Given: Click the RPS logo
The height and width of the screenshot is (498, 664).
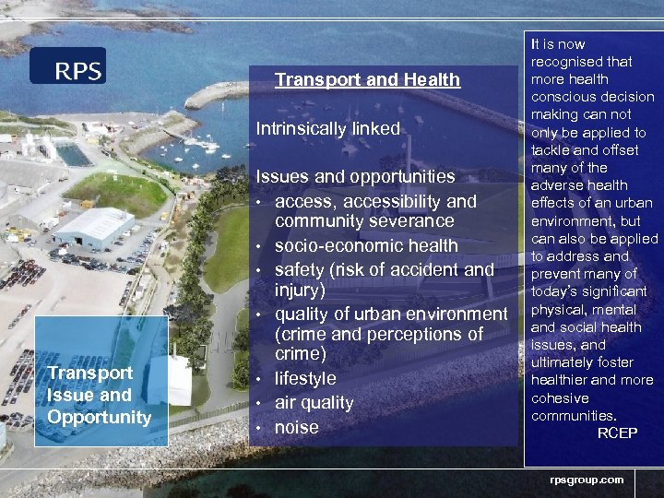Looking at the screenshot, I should (67, 66).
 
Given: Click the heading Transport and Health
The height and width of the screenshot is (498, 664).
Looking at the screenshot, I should (367, 79).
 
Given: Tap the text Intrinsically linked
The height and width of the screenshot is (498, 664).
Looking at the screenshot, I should (327, 129).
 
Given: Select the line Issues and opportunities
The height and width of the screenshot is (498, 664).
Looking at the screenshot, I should (355, 176).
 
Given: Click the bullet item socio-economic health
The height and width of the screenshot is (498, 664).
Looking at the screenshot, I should (366, 245).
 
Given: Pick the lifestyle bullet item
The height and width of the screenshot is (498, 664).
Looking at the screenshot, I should (305, 378).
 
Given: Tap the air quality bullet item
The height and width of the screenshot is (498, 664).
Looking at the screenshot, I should (314, 402).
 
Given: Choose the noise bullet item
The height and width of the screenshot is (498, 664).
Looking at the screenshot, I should (296, 427).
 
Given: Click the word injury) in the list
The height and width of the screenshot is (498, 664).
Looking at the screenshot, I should (300, 290).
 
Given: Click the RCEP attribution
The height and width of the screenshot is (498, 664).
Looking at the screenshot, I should (617, 433).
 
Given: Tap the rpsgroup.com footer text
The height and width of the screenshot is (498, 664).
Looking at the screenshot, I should (587, 479).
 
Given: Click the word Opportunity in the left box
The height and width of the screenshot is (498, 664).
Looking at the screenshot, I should (99, 417).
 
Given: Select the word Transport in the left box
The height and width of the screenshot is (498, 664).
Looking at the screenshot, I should (90, 373).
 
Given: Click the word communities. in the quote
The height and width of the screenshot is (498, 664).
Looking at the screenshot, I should (574, 416).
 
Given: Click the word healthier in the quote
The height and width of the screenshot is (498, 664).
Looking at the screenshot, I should (557, 380).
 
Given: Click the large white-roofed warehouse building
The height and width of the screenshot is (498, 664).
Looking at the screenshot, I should (94, 226).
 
